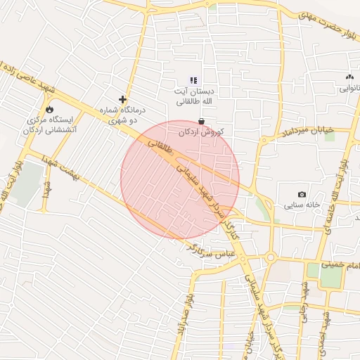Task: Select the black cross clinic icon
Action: [x=123, y=100]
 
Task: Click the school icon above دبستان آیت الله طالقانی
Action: [x=194, y=80]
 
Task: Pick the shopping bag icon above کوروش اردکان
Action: [x=202, y=121]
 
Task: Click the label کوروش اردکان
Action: [x=201, y=132]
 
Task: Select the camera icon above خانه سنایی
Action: [x=302, y=194]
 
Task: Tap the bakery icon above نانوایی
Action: [x=350, y=77]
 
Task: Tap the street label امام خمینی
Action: [x=340, y=265]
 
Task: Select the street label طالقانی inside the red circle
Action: [x=160, y=146]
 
